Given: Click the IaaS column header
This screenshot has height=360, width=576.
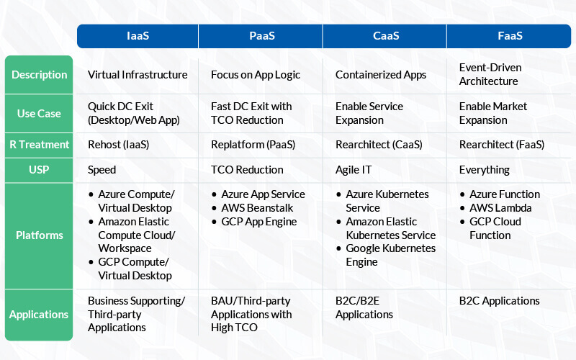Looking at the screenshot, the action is click(x=138, y=36).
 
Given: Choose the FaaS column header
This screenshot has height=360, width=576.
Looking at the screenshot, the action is click(x=509, y=36).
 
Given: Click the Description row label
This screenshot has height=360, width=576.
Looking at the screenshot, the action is click(x=39, y=75).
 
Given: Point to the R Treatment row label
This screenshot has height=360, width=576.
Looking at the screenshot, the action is click(x=39, y=145).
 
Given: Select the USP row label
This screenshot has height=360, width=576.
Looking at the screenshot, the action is click(x=39, y=170).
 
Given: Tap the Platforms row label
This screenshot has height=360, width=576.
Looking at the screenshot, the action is click(x=39, y=235).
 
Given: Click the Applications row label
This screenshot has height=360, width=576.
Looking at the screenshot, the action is click(x=39, y=315).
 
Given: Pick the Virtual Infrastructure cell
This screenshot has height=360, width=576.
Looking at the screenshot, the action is click(x=138, y=75).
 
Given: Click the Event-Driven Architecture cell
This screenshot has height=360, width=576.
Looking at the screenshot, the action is click(x=490, y=74).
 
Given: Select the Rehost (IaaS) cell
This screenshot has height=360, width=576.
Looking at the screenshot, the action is click(x=118, y=145).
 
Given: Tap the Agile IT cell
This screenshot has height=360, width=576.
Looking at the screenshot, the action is click(x=354, y=170).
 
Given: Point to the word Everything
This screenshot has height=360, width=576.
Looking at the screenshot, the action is click(x=484, y=170).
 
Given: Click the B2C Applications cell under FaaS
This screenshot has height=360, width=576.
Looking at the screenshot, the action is click(x=499, y=301).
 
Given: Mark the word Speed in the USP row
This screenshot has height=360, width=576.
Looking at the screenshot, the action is click(x=102, y=170).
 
